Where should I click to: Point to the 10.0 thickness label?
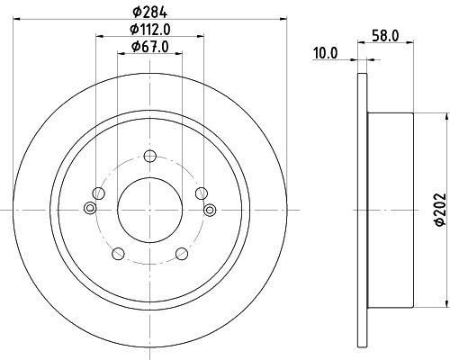(327, 53)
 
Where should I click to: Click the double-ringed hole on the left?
(89, 210)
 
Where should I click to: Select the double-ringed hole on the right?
(210, 210)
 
